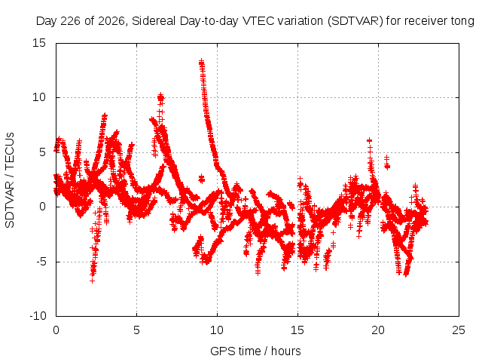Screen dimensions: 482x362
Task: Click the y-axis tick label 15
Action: (38, 43)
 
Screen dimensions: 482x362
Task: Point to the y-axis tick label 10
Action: (38, 97)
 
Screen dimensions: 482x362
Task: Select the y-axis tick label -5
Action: (41, 262)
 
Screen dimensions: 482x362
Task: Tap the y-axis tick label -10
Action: (38, 316)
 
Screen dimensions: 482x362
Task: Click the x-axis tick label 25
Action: (459, 330)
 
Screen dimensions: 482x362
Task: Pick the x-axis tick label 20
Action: (378, 330)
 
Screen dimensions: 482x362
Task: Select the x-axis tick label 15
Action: (297, 330)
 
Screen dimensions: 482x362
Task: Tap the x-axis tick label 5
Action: (136, 330)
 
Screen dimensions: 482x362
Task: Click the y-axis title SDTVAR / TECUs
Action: (10, 180)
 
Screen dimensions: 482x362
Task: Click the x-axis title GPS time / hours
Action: (255, 351)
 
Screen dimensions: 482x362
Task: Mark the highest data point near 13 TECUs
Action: (201, 62)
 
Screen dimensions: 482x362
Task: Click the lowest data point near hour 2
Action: (92, 281)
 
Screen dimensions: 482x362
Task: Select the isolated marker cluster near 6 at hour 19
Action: (369, 141)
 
